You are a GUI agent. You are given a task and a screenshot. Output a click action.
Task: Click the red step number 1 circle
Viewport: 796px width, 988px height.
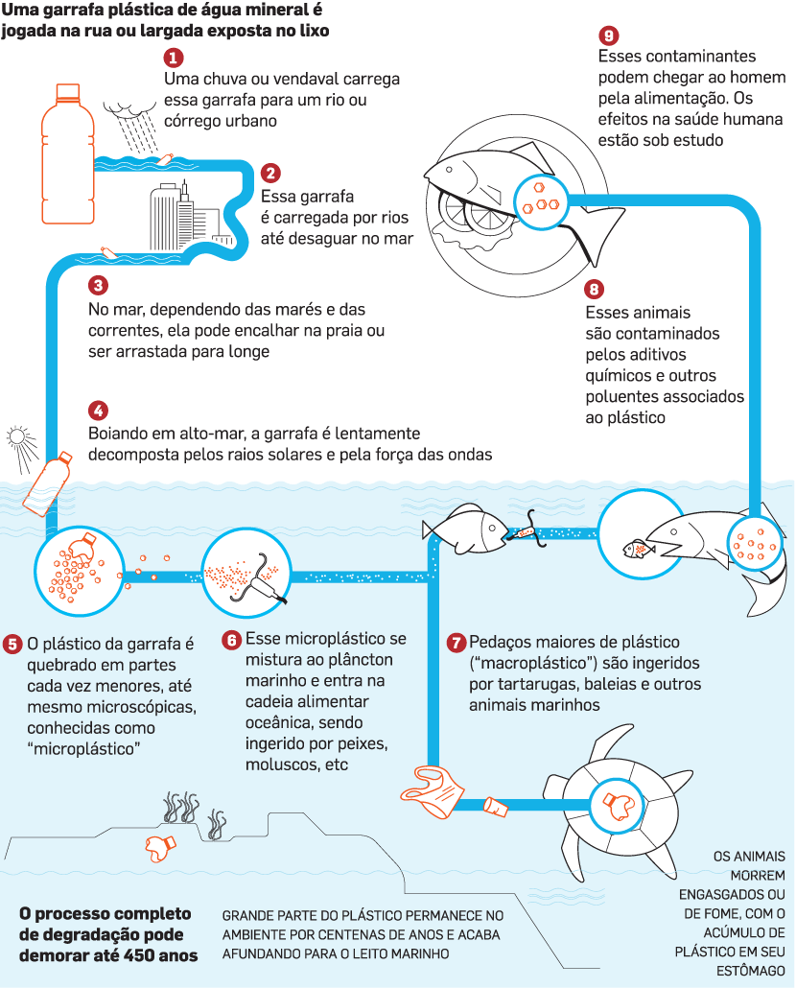[174, 58]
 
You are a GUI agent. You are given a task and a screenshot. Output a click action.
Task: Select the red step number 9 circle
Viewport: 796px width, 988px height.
[606, 35]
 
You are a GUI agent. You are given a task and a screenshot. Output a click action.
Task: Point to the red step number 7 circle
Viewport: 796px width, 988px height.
[457, 642]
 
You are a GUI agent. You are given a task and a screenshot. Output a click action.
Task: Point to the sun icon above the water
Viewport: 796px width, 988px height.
[20, 438]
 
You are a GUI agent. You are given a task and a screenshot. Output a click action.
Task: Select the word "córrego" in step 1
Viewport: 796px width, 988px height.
[198, 122]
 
